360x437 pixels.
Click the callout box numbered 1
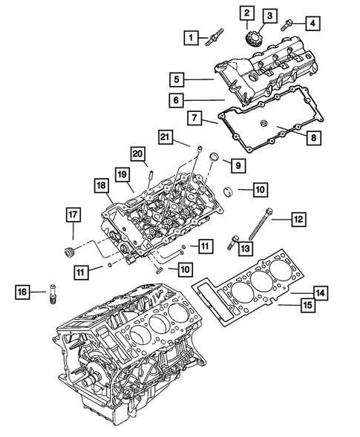click(x=192, y=36)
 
